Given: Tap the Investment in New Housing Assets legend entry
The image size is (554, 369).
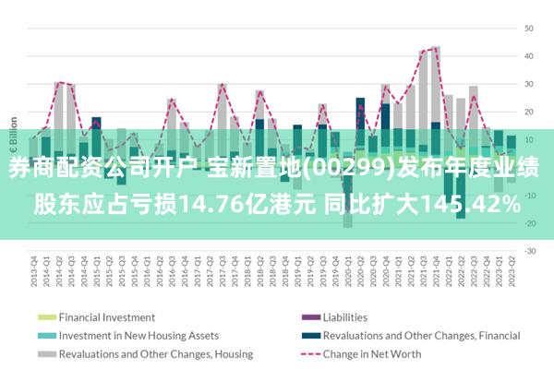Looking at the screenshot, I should tap(138, 335).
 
